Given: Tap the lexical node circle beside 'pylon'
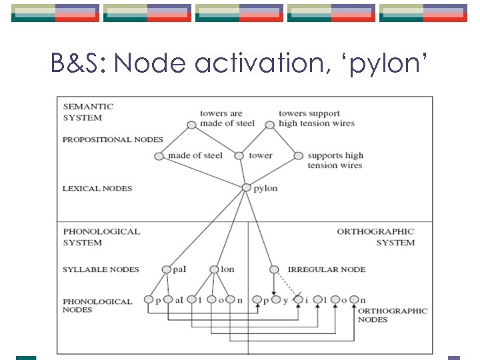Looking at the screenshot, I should click(247, 188).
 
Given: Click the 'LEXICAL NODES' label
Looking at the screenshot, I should click(97, 189).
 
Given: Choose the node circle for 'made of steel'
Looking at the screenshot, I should click(159, 156).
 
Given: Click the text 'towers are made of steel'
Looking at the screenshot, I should click(227, 118).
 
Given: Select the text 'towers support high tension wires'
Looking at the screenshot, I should click(316, 118).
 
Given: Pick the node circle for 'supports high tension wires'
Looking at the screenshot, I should click(297, 156).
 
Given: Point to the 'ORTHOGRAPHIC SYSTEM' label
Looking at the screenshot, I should click(376, 237).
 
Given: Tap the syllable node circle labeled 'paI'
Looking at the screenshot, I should click(167, 269).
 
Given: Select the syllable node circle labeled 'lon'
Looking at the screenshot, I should click(214, 269).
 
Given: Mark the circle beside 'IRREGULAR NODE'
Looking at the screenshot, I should click(274, 269).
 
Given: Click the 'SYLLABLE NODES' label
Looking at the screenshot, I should click(101, 269).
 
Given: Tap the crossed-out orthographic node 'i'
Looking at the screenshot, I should click(298, 299).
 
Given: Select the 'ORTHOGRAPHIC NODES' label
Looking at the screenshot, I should click(392, 315).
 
